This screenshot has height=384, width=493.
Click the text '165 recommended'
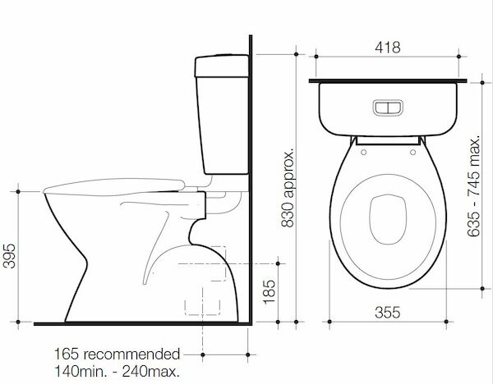(117, 355)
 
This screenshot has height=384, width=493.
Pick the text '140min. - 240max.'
(117, 371)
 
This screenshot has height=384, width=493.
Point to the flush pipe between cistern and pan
(222, 195)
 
